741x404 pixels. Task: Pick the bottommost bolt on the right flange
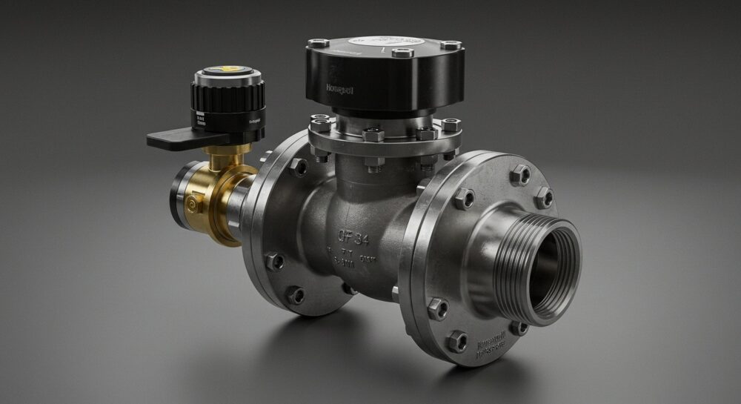457,342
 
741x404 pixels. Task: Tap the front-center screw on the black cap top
402,53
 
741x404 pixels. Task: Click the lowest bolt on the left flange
295,295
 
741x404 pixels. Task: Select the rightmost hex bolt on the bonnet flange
451,125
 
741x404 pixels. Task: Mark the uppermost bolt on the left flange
299,167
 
